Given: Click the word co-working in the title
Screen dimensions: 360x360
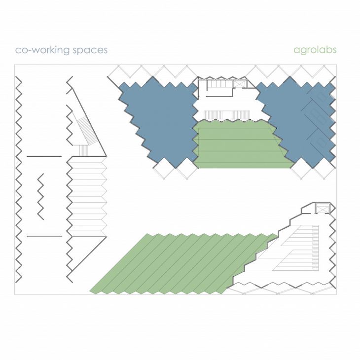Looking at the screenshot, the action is click(x=42, y=50).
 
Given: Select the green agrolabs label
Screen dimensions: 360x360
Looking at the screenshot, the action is click(x=315, y=50).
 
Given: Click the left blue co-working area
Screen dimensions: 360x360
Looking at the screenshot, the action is click(x=158, y=122).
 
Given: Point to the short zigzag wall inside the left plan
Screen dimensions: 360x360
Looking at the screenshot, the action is click(x=40, y=197).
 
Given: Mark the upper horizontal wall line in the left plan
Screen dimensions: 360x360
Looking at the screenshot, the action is click(x=44, y=156).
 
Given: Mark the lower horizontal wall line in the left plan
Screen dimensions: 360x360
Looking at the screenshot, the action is click(x=44, y=236).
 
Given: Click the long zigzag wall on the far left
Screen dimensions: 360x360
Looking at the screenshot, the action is click(x=19, y=180).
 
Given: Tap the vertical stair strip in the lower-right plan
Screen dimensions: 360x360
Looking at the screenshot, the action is click(x=316, y=247).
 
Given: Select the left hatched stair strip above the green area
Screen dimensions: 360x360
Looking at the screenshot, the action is click(x=211, y=115).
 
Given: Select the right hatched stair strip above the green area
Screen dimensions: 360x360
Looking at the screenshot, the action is click(x=240, y=115).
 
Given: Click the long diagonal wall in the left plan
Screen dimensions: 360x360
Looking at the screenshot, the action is click(x=88, y=116).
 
